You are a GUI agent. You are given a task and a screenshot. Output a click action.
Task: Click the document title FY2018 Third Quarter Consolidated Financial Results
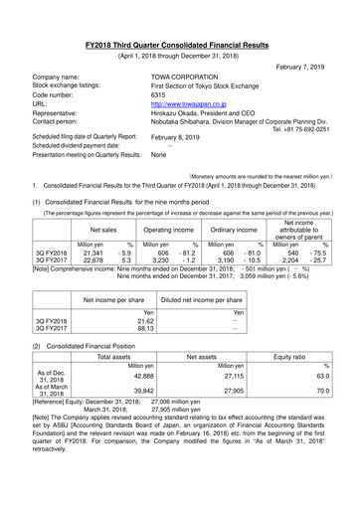point(179,18)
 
